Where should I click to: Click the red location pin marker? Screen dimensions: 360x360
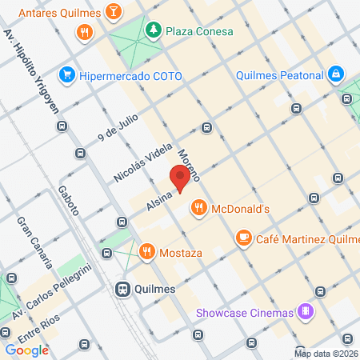click(181, 178)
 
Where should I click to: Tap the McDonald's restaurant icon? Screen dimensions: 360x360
click(199, 209)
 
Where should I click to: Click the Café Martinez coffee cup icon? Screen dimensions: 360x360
click(243, 238)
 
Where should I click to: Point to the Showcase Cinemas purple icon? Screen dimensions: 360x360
click(305, 311)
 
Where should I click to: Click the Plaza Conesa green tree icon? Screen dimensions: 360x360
click(152, 31)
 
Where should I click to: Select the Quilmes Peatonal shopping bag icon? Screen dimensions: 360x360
click(337, 76)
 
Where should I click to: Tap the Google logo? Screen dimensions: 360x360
click(26, 350)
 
